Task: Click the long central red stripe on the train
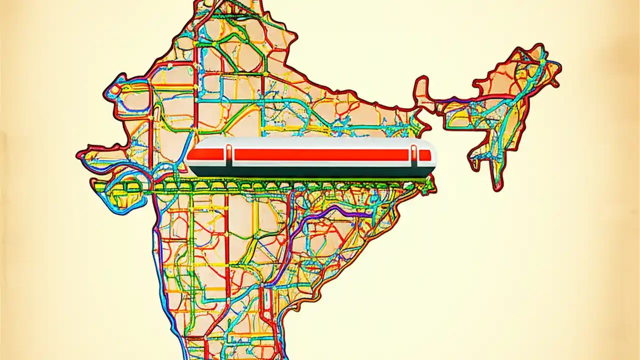[x=320, y=155]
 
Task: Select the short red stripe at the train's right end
[x=424, y=155]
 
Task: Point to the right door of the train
[x=414, y=155]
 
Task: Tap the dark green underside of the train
[x=310, y=172]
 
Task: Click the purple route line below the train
[x=320, y=212]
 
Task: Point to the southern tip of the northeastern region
[x=495, y=188]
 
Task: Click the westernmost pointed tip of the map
[x=78, y=154]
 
